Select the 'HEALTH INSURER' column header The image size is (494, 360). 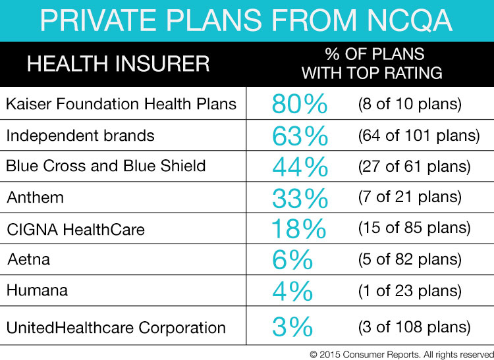[x=119, y=64]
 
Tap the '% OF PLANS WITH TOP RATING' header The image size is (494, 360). [x=371, y=64]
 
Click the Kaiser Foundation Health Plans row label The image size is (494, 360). [x=121, y=104]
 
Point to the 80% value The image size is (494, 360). [x=299, y=105]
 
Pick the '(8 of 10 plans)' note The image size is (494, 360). [x=410, y=105]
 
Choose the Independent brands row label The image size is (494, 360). [x=80, y=136]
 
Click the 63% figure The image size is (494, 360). [x=300, y=136]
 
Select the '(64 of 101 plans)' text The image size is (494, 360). [x=418, y=136]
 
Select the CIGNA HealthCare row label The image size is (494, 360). [x=76, y=229]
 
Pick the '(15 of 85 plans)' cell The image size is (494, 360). [x=414, y=229]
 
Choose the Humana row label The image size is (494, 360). [x=37, y=290]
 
